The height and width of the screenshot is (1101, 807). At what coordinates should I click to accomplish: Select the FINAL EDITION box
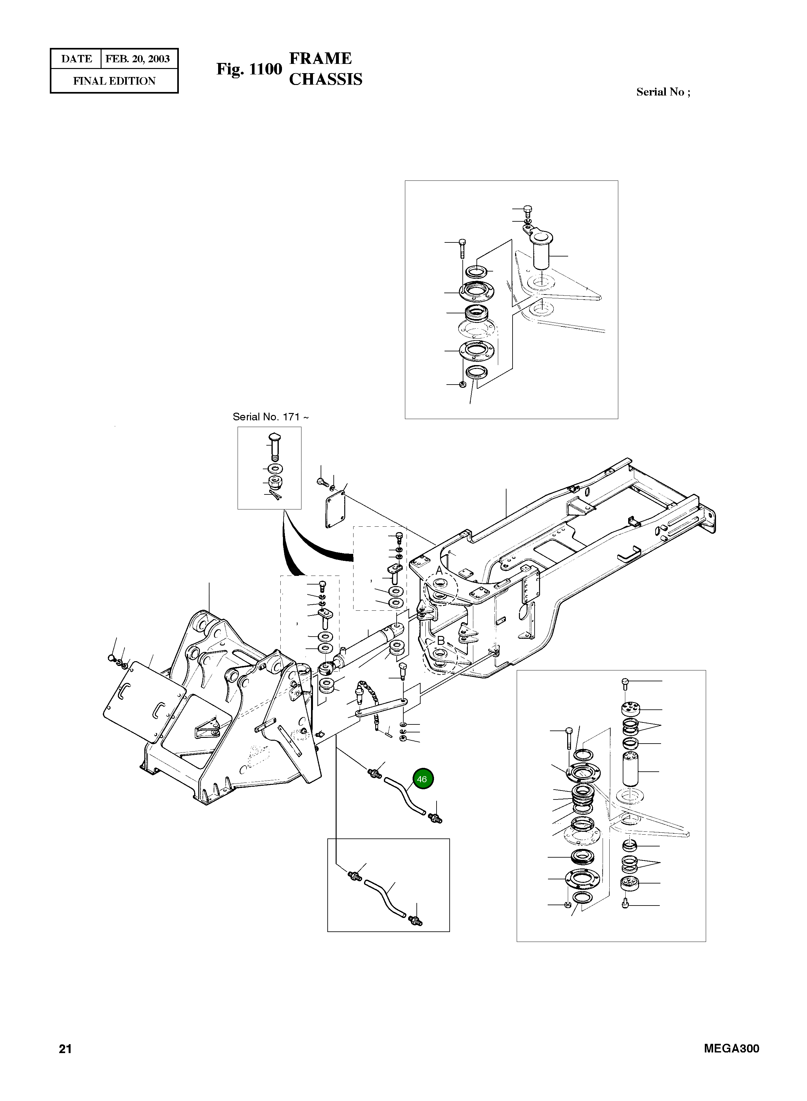(114, 81)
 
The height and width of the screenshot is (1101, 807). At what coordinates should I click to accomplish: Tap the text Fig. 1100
(249, 69)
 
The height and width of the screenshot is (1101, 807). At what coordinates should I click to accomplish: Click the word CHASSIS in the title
(325, 80)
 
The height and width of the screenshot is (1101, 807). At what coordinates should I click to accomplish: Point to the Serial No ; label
(663, 92)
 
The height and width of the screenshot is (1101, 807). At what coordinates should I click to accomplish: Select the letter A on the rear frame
(439, 571)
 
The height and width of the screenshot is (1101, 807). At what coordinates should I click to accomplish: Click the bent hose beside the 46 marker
(405, 795)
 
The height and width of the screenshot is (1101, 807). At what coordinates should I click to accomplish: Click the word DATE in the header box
(76, 59)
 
